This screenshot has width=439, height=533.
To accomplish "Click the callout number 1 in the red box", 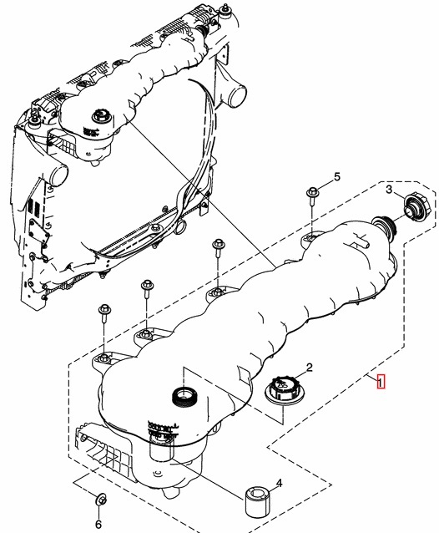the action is pos(381,382).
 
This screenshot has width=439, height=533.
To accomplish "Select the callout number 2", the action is pos(310,368).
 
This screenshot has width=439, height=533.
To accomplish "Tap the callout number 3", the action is pos(389,190).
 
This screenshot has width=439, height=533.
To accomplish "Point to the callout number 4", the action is pos(279,483).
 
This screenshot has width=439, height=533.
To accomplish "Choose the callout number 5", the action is pos(336,177).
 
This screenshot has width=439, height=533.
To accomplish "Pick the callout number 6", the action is pos(98,524).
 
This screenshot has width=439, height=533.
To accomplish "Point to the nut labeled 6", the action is pos(100,500).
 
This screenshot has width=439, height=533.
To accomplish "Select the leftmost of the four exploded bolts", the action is pos(103,313).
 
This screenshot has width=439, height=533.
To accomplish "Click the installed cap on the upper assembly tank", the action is pos(100,117).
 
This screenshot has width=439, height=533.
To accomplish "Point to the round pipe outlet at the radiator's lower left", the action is pos(58,175).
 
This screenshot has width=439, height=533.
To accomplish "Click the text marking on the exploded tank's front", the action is pos(163,429).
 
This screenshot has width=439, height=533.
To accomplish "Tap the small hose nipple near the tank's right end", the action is pos(361,241).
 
